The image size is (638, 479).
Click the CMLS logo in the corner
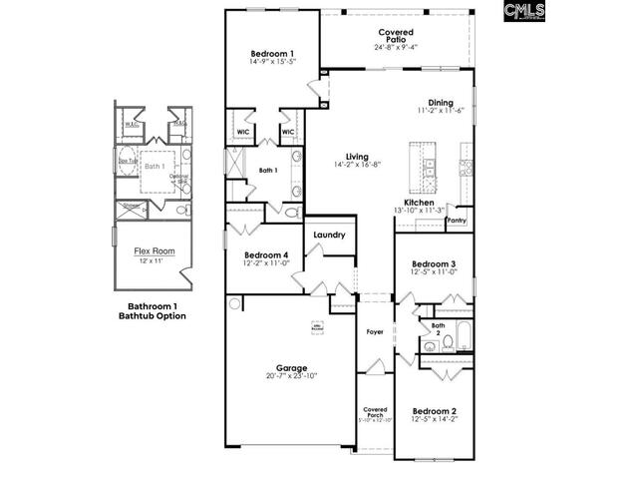click(524, 12)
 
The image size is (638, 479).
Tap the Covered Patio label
click(396, 36)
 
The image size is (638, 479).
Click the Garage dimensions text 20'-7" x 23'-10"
click(291, 376)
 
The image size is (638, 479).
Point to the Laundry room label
click(329, 236)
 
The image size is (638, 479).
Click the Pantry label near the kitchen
click(457, 220)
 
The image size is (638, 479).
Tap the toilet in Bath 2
click(449, 342)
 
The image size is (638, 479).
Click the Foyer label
click(375, 331)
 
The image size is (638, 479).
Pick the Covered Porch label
click(375, 411)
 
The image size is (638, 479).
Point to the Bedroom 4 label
click(266, 254)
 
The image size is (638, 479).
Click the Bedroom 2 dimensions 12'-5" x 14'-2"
click(435, 420)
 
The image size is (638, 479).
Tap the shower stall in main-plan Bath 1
click(238, 163)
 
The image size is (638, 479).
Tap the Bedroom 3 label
click(434, 263)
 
